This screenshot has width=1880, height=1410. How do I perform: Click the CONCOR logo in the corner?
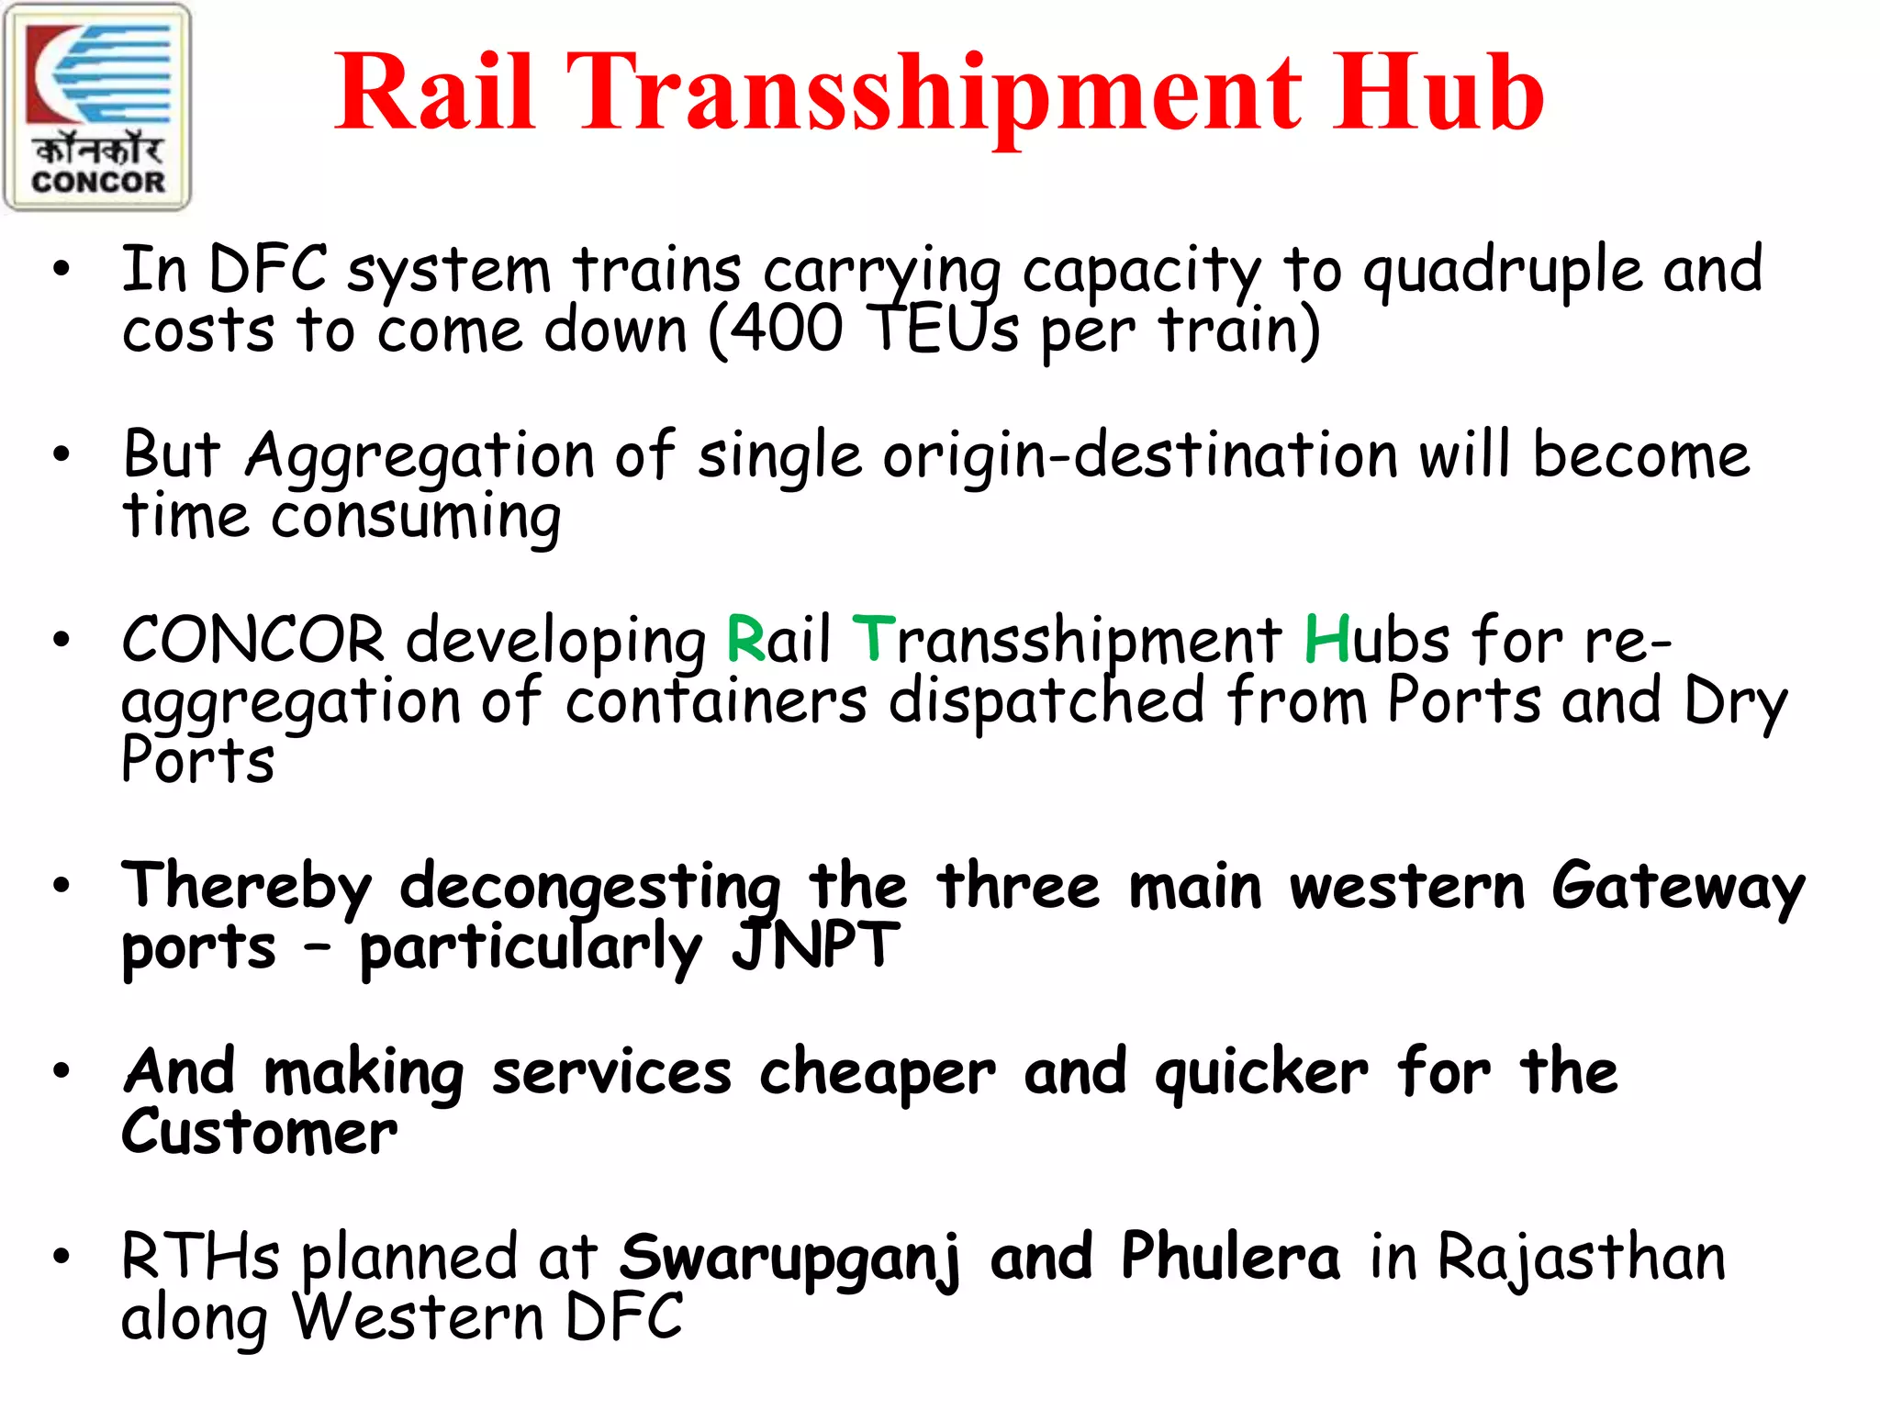tap(97, 107)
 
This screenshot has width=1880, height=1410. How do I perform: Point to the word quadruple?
tap(1502, 272)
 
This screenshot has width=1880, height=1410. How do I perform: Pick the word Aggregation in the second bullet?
tap(420, 457)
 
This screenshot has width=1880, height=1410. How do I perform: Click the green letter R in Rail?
tap(745, 639)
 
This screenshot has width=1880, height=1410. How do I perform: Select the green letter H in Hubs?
tap(1326, 639)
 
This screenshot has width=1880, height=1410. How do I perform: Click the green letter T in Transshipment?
tap(873, 639)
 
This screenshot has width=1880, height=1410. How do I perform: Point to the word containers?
tap(716, 701)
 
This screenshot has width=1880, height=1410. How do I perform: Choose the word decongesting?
tap(590, 889)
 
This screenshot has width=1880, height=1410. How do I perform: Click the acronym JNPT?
tap(815, 946)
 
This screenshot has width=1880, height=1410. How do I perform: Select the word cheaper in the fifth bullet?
tap(877, 1072)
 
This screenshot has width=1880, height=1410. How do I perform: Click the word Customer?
tap(260, 1133)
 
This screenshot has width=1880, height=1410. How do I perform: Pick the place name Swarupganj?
tap(790, 1258)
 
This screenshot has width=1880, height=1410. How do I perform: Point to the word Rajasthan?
tap(1581, 1257)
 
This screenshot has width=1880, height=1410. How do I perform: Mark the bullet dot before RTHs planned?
tap(62, 1255)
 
